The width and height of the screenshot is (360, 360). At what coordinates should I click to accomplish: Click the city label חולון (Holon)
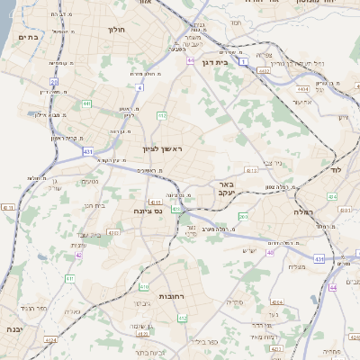[117, 30]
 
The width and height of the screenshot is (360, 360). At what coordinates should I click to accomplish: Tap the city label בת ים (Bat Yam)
[28, 38]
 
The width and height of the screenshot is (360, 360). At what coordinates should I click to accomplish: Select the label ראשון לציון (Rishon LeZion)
[162, 149]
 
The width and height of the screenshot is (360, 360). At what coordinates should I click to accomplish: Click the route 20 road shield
[54, 82]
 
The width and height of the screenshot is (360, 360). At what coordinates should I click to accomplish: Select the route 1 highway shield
[245, 52]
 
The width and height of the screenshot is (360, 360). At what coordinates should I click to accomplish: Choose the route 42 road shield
[78, 255]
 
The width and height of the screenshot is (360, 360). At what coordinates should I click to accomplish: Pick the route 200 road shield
[243, 216]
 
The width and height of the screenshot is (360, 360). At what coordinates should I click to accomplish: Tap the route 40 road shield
[270, 252]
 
